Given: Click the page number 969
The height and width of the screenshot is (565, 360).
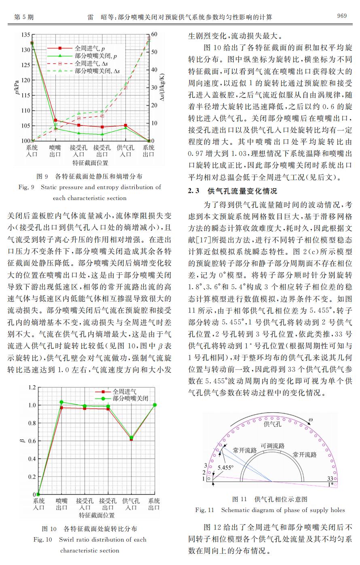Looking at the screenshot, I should point(341,16).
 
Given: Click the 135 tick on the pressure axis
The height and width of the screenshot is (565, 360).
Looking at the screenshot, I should point(26,34).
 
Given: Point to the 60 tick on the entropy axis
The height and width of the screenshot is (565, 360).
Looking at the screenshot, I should point(155,34).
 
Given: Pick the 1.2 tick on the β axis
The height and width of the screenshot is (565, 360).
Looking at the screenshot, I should point(32,388).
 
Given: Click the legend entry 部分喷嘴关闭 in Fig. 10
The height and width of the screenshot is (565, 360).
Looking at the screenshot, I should point(130,398).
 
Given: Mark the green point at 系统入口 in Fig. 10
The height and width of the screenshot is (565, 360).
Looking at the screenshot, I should point(38,494).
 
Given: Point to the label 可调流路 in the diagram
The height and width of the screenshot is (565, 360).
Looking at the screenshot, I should point(273,446).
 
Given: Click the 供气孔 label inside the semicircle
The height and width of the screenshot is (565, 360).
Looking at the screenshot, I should point(273,424).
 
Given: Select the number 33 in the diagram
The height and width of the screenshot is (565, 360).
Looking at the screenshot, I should point(330,478).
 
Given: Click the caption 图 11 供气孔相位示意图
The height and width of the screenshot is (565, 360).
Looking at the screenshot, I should point(270,499).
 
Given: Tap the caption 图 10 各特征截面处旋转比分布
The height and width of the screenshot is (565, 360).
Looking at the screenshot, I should point(90,529).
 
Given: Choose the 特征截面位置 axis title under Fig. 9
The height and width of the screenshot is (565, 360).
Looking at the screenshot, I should point(90,163).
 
